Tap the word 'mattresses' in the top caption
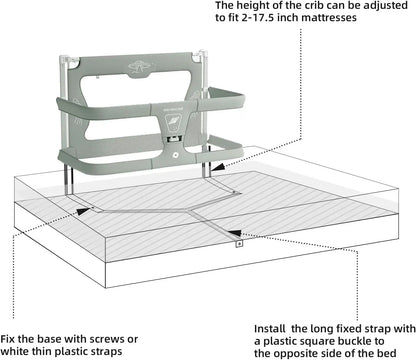pyautogui.click(x=346, y=25)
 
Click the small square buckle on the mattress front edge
pyautogui.click(x=238, y=242)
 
